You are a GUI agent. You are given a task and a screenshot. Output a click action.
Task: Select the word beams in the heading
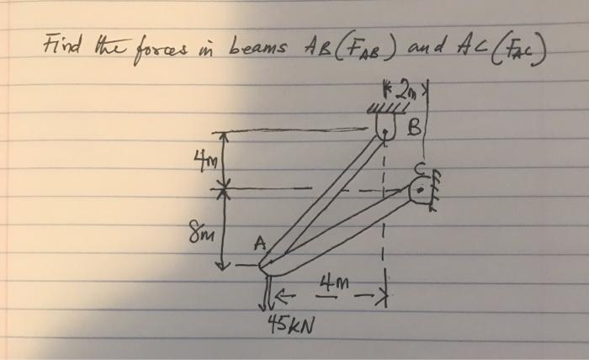point(245,43)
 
